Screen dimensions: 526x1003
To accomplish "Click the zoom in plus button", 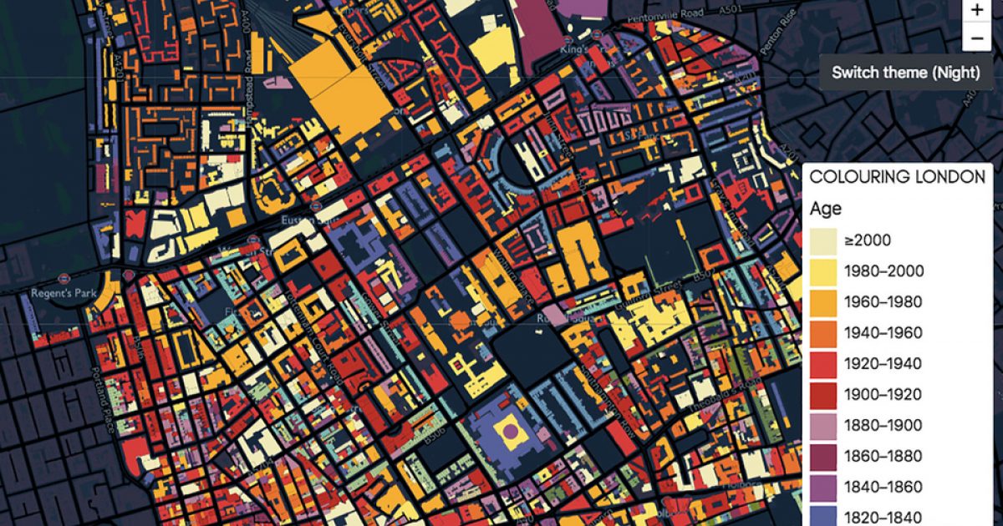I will (976, 11).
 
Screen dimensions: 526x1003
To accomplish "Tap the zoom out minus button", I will (976, 38).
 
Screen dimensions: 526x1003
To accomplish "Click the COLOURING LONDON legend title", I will (897, 177).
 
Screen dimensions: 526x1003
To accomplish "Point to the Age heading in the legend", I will (826, 209).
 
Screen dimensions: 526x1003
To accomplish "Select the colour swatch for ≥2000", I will (824, 240).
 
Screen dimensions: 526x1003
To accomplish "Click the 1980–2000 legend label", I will (883, 271).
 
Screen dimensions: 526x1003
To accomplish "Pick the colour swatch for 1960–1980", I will (824, 301).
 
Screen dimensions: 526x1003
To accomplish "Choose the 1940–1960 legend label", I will (883, 333).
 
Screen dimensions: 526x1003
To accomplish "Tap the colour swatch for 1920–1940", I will (824, 363).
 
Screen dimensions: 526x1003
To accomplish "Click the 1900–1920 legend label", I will (883, 395).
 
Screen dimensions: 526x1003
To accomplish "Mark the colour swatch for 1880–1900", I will (824, 425).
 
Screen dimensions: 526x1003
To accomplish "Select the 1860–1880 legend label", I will (883, 457).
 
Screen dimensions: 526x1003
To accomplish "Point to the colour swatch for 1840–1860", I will (824, 487).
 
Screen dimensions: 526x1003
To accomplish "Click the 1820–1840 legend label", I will (883, 517).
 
